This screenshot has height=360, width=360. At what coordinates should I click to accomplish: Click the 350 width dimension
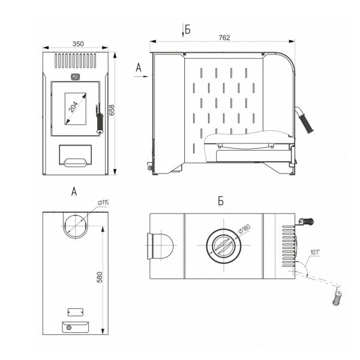tap(78, 44)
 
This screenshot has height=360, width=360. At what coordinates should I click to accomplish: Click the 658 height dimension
tap(112, 110)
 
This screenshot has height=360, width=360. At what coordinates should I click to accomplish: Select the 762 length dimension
tap(224, 38)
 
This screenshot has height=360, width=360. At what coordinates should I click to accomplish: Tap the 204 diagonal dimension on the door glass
tap(74, 107)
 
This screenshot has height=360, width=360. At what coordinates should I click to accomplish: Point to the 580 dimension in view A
tap(100, 277)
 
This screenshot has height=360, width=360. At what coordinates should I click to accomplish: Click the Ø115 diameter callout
tap(103, 203)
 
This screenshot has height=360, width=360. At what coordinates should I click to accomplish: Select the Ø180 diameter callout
tap(244, 229)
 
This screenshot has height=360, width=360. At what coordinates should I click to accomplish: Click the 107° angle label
tap(315, 253)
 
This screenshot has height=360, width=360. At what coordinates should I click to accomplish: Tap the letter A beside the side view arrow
tap(139, 68)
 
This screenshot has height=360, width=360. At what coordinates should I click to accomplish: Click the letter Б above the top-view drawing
tap(221, 201)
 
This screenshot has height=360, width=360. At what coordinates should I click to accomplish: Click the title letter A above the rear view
tap(74, 191)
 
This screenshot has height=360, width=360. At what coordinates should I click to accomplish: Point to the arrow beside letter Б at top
tap(183, 31)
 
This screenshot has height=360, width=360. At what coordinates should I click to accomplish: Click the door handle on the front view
tap(100, 119)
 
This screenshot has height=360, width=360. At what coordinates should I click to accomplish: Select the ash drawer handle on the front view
tap(76, 162)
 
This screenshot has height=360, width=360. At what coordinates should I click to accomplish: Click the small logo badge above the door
tap(75, 77)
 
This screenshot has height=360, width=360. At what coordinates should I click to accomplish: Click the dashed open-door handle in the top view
tap(337, 298)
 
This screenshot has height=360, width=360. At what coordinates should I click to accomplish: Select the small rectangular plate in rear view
tap(76, 312)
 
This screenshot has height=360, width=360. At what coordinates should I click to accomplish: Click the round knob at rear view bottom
tap(68, 328)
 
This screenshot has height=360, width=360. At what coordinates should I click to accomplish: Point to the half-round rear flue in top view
tap(160, 246)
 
